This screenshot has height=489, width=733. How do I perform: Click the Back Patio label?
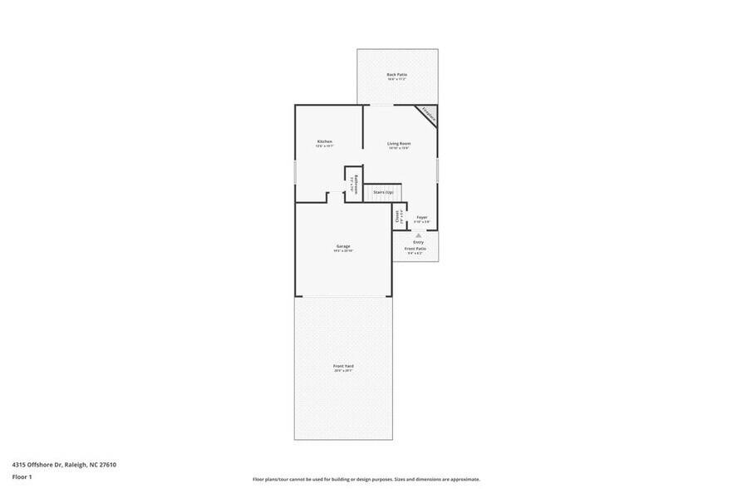(x=396, y=75)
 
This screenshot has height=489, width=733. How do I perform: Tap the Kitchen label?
(x=325, y=141)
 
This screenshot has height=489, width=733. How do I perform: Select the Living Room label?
(x=399, y=143)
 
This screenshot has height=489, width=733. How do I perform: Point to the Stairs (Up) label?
(x=383, y=192)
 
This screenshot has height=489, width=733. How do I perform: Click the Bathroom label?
(x=357, y=184)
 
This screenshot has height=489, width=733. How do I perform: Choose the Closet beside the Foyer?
(x=397, y=217)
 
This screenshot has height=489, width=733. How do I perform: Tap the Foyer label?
(x=421, y=217)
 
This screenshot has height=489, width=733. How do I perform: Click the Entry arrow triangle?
(x=419, y=236)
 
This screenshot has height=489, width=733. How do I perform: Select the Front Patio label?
(x=415, y=249)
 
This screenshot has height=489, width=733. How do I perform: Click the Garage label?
(x=342, y=245)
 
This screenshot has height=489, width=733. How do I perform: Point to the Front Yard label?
(x=342, y=366)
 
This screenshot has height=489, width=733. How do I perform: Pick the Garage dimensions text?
(x=342, y=250)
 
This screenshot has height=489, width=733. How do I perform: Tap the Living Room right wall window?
(x=437, y=170)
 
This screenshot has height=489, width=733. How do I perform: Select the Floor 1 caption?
(x=22, y=477)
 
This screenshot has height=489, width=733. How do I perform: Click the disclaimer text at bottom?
(x=366, y=479)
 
